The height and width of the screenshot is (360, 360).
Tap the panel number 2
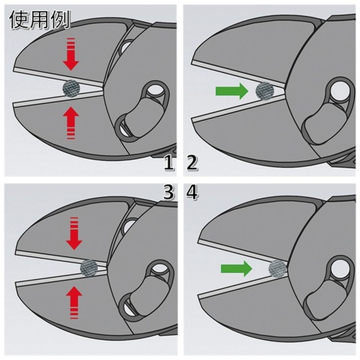tap(192, 162)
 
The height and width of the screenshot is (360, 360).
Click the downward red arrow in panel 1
tap(71, 54)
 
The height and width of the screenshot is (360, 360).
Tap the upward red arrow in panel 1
tap(71, 123)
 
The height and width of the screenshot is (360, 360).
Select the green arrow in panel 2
tap(232, 91)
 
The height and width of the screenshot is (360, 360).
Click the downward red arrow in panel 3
tap(74, 233)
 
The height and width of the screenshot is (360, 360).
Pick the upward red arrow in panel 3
tap(74, 302)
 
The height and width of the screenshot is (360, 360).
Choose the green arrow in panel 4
tap(237, 269)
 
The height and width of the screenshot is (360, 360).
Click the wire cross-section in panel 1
tap(71, 89)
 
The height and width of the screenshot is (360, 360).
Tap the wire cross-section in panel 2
tap(265, 91)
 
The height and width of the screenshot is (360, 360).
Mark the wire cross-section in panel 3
tap(89, 268)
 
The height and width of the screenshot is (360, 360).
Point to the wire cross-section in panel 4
tap(278, 269)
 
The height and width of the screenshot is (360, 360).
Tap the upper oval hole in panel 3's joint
tap(158, 269)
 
